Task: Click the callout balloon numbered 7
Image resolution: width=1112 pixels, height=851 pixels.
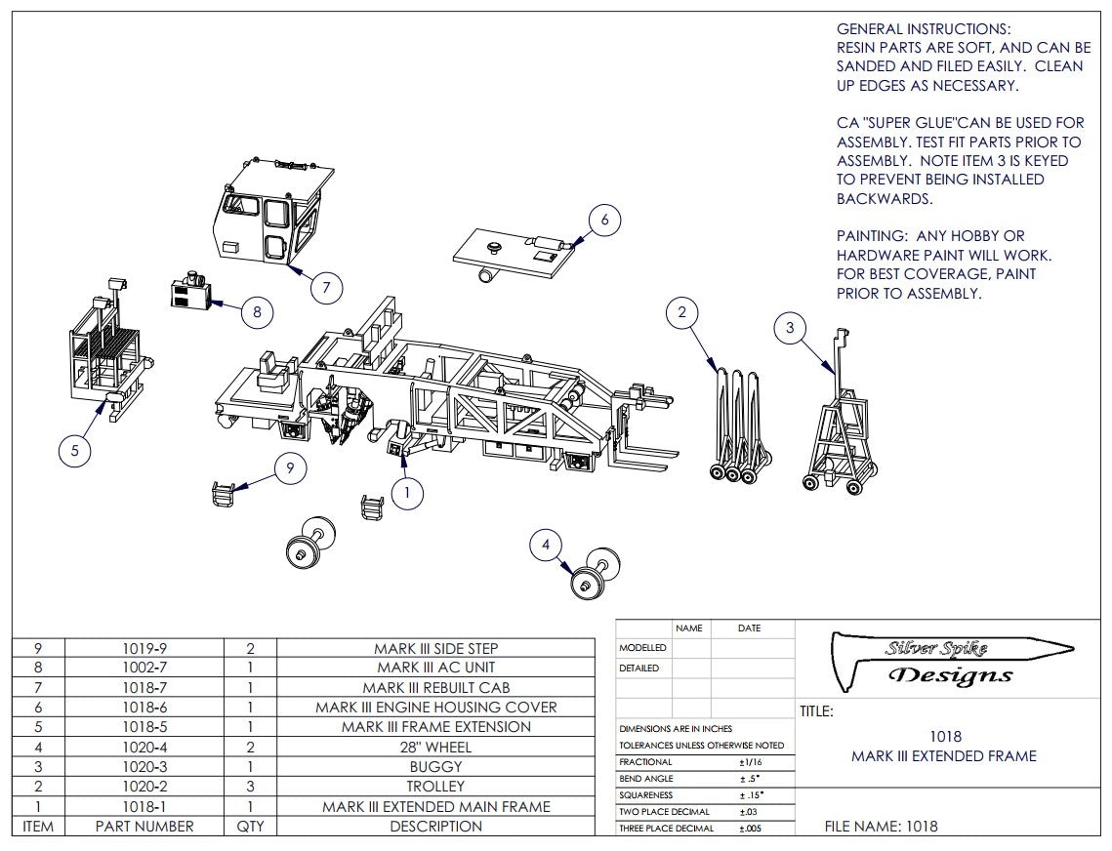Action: (x=326, y=287)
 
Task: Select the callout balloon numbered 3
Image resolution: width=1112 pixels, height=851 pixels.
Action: (x=790, y=328)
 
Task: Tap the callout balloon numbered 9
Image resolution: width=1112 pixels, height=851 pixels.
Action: (x=290, y=469)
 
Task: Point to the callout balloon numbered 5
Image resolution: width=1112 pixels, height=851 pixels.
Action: (x=75, y=451)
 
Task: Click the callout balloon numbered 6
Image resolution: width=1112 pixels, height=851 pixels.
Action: (x=604, y=221)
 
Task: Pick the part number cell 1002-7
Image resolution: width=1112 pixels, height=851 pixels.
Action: (x=144, y=668)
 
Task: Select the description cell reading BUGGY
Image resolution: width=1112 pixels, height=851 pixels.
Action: (x=435, y=766)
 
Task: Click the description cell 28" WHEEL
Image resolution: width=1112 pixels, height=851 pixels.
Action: (x=435, y=747)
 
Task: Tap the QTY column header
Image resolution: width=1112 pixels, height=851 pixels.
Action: (x=250, y=826)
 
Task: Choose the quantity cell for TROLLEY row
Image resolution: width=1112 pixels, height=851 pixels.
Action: (x=250, y=786)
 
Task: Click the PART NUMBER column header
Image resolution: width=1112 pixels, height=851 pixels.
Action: (x=144, y=826)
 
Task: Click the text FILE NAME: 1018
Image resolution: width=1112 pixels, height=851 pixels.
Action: (x=881, y=827)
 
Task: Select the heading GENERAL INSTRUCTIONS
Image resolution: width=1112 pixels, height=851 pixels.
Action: (x=924, y=29)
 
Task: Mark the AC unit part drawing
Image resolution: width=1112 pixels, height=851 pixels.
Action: (x=191, y=293)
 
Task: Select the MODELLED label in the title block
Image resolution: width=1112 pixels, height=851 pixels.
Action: (x=642, y=648)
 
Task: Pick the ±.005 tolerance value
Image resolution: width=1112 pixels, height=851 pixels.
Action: (x=750, y=828)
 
